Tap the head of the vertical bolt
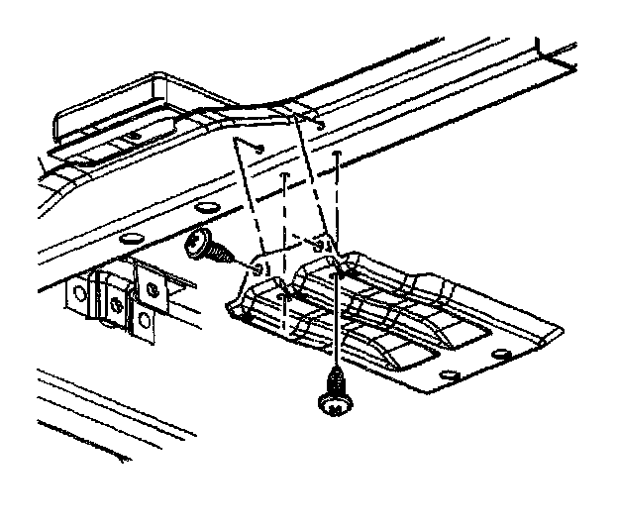tap(335, 401)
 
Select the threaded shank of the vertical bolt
tap(336, 378)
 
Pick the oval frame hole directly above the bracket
tap(130, 240)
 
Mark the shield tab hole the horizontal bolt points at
tap(259, 268)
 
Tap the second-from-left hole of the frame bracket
tap(116, 300)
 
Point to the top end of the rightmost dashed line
tap(339, 156)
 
